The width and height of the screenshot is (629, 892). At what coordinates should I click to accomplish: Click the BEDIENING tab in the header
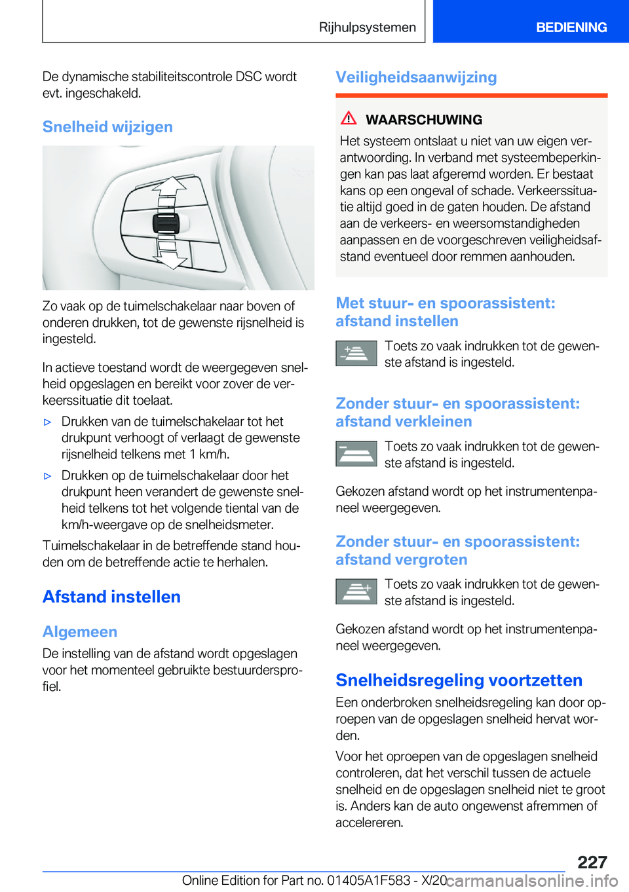[x=571, y=28]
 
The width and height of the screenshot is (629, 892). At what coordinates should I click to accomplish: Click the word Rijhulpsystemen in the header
[x=367, y=28]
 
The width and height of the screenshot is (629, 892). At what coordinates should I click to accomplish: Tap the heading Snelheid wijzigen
[x=107, y=126]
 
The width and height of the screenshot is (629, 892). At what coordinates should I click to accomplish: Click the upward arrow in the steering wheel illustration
[x=170, y=187]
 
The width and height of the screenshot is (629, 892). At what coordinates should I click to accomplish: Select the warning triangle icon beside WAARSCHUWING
[x=349, y=119]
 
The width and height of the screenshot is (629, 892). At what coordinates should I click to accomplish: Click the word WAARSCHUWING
[x=423, y=120]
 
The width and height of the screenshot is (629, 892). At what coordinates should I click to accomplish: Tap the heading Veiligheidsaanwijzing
[x=416, y=77]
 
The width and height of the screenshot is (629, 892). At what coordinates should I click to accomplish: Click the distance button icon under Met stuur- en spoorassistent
[x=356, y=354]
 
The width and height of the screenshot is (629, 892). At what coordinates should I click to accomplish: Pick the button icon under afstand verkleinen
[x=356, y=454]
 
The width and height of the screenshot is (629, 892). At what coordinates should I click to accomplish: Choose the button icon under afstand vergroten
[x=356, y=591]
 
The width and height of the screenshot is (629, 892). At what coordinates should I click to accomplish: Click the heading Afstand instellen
[x=111, y=597]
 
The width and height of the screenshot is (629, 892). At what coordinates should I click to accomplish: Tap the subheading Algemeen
[x=80, y=632]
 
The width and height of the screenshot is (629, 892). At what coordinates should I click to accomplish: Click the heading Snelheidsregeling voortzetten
[x=459, y=680]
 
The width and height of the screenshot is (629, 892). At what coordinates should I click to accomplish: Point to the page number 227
[x=592, y=862]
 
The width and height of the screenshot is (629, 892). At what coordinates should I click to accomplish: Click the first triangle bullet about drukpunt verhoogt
[x=47, y=422]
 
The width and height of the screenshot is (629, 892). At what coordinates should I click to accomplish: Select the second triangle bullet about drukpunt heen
[x=47, y=476]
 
